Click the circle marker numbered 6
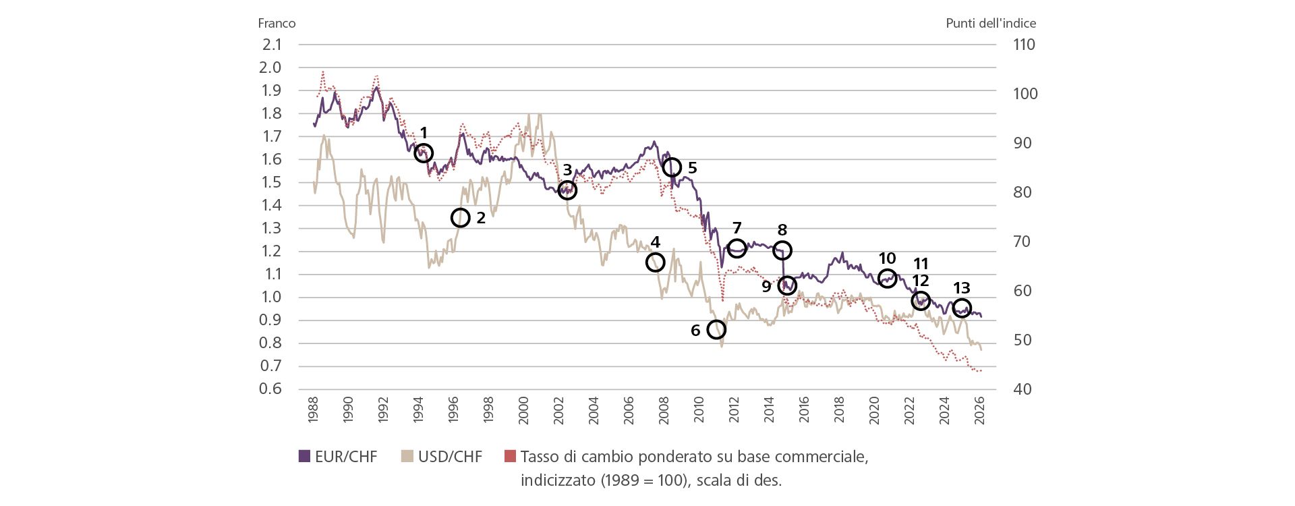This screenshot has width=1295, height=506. [x=716, y=329]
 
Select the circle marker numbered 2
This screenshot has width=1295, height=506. [x=460, y=218]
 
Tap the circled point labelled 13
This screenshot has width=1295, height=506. [x=962, y=308]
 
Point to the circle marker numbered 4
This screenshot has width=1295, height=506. [x=655, y=262]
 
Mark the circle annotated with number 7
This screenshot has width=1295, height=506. [x=737, y=248]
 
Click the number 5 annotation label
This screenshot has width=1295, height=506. [x=692, y=167]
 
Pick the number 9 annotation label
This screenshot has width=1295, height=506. [x=766, y=286]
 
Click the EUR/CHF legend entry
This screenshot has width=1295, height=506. [x=338, y=457]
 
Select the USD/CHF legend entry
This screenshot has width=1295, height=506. [x=442, y=457]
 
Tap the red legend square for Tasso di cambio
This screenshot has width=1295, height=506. [x=510, y=457]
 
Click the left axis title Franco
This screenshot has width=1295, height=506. [x=277, y=23]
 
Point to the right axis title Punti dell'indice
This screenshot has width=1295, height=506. [x=990, y=23]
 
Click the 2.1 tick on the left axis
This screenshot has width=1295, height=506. [x=272, y=45]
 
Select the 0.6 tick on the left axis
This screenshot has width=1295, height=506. [x=270, y=389]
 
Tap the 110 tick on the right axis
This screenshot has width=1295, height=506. [x=1024, y=45]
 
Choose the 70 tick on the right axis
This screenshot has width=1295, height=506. [x=1022, y=242]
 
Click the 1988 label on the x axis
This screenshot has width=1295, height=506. [x=313, y=410]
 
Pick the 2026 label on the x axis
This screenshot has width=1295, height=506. [x=979, y=410]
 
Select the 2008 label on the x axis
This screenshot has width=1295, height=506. [x=664, y=410]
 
